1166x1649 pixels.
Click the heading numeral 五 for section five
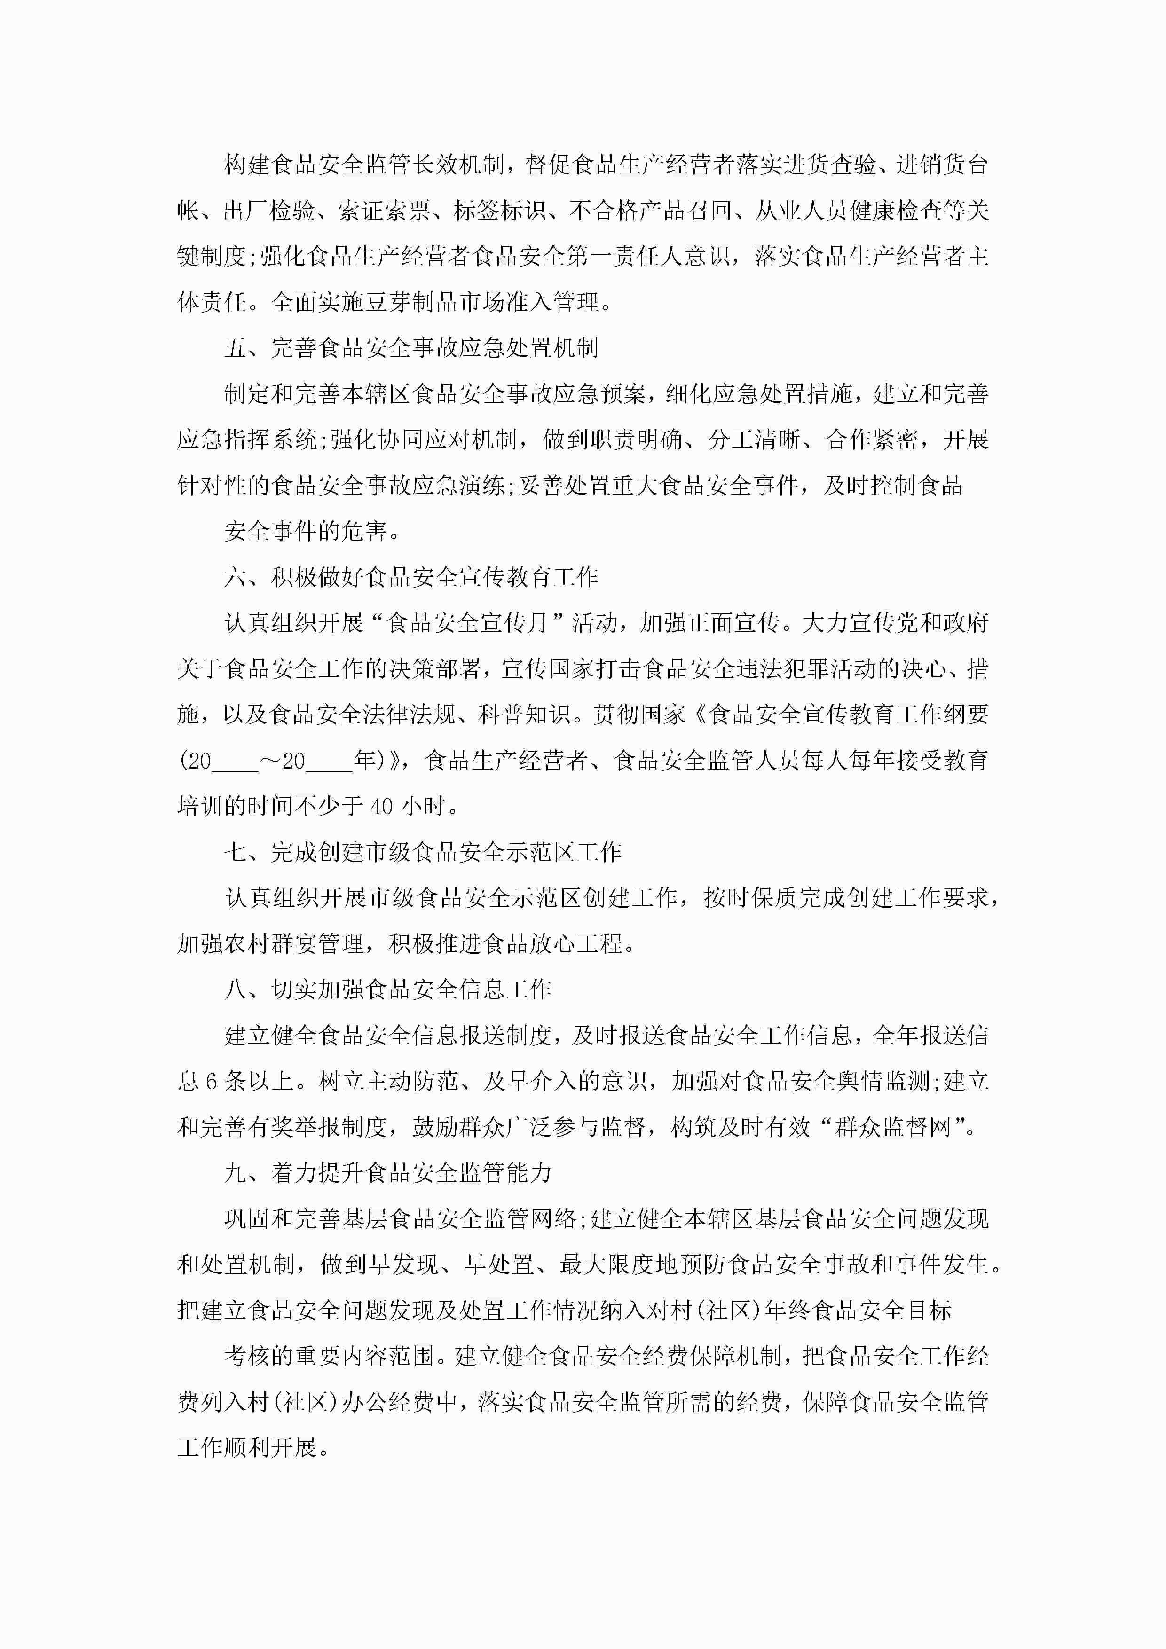[x=236, y=348]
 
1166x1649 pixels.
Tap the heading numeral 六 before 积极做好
[x=236, y=577]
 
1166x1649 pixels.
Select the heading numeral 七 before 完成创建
[x=236, y=853]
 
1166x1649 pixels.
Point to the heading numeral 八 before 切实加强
[x=236, y=989]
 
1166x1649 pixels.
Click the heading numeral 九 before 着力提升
[x=236, y=1174]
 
